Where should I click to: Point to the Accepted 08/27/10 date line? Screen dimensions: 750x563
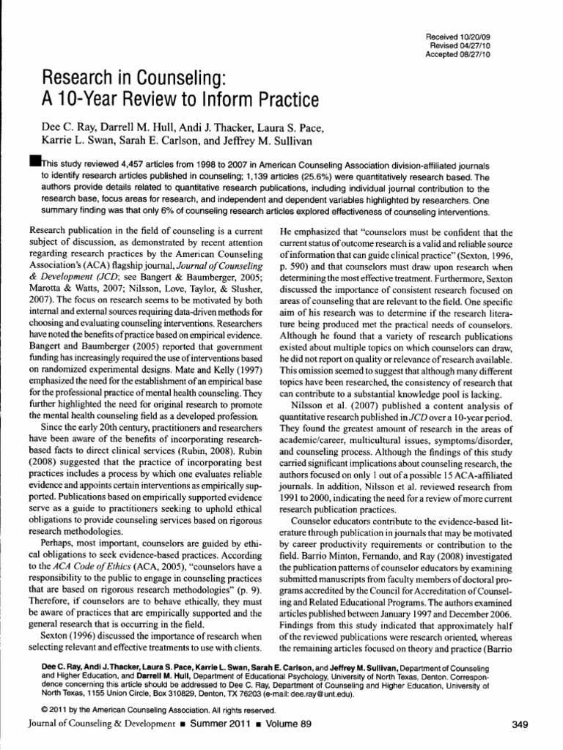click(x=457, y=53)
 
